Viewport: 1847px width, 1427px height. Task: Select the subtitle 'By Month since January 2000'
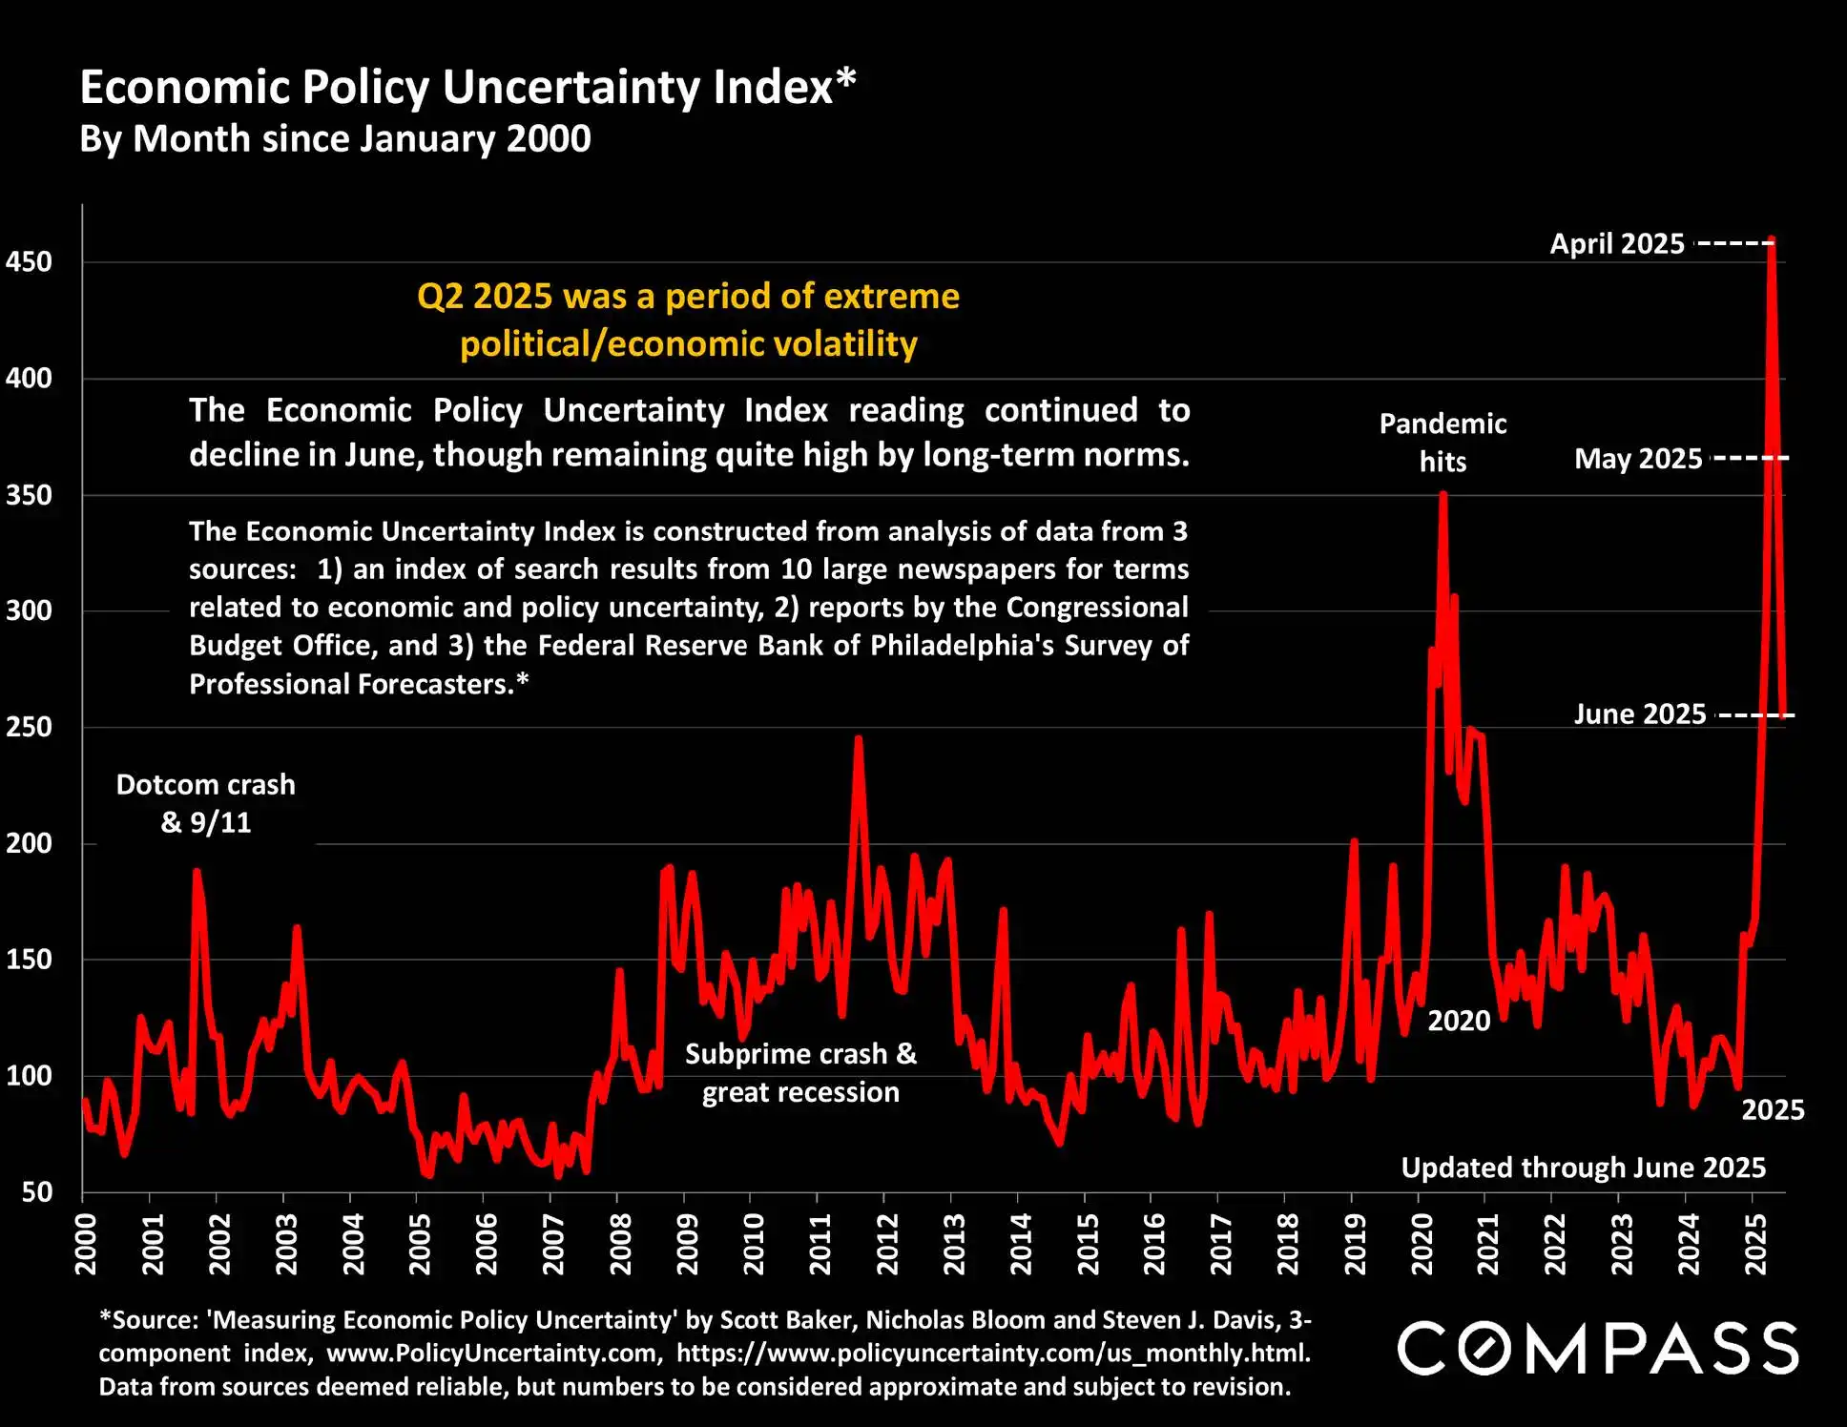pos(335,139)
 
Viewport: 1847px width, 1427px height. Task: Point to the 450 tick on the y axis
pos(29,262)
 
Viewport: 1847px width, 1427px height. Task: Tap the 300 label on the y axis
pos(29,610)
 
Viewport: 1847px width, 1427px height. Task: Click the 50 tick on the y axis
pos(36,1191)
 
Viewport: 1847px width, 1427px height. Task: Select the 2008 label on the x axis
pos(620,1244)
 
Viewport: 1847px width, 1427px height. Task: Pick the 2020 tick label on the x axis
pos(1422,1244)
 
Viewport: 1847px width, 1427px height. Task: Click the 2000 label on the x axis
pos(86,1244)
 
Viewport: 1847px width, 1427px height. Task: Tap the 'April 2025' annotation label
pos(1617,244)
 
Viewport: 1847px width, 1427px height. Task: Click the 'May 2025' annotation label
pos(1638,459)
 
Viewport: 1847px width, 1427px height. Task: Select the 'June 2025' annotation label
pos(1639,714)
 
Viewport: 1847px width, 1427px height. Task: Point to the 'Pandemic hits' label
pos(1442,443)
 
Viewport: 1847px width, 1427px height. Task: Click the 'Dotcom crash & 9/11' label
pos(206,803)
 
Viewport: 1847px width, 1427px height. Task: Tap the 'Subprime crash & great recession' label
pos(800,1073)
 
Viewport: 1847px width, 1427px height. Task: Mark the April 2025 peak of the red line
pos(1772,239)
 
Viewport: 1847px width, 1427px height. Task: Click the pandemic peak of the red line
pos(1443,494)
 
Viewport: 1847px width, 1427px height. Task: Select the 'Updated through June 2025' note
pos(1583,1168)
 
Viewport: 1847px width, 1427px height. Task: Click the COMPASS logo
pos(1598,1348)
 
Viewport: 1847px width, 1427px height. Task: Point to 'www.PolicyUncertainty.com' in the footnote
pos(494,1353)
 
